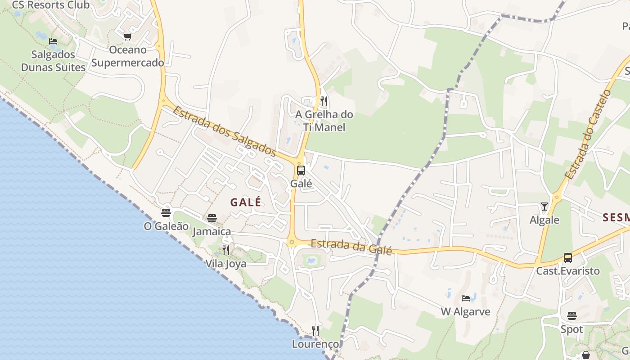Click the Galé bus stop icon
coord(301,171)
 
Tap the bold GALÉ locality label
coord(246,202)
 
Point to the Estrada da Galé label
coord(351,246)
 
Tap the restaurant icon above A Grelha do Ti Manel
coord(324,101)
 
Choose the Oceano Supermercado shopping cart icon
coord(127,36)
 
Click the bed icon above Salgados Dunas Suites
coord(53,41)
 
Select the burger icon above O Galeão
coord(166,213)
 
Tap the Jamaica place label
coord(211,232)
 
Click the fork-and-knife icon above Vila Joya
coord(226,250)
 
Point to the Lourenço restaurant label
coord(315,344)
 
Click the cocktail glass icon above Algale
coord(544,207)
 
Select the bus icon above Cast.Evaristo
coord(568,258)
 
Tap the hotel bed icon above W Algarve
coord(466,298)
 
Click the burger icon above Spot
coord(572,316)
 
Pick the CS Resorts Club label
coord(51,5)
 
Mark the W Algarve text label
coord(465,311)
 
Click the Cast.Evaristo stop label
coord(568,271)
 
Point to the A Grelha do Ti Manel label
coord(324,121)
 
